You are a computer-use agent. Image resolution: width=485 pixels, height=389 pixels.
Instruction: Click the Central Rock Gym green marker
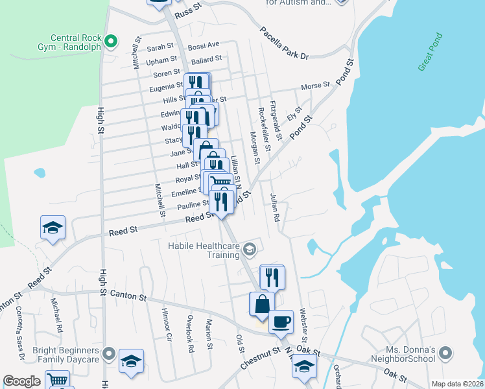pos(111,42)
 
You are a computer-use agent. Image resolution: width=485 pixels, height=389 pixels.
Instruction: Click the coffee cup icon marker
pos(281,322)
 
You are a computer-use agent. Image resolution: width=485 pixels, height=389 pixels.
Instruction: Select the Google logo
pos(22,381)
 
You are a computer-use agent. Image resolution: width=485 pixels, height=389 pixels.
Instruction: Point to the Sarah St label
pos(161,47)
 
